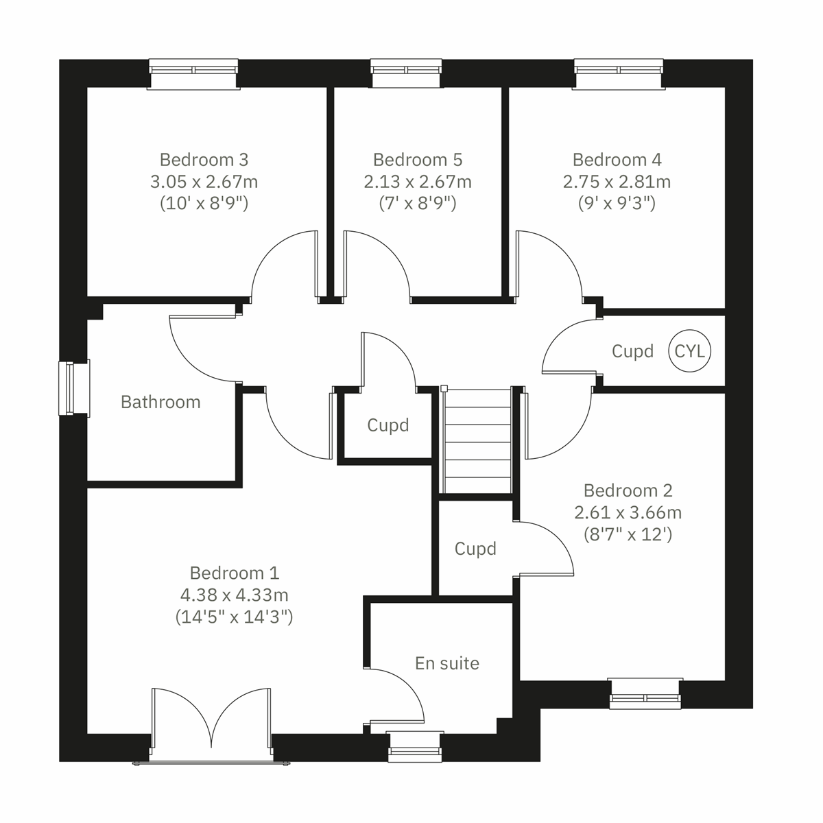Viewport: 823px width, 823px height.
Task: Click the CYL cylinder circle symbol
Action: pos(690,351)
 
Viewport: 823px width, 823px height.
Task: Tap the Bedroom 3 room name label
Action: pos(204,160)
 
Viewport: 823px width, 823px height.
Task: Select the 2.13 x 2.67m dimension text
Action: pos(417,182)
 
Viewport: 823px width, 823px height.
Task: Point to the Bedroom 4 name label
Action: pos(617,160)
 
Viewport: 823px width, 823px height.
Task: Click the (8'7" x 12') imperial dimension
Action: pos(628,534)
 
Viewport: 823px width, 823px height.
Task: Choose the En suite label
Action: pos(446,663)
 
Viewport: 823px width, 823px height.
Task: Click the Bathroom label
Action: pos(160,402)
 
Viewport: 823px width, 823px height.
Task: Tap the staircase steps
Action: pos(478,439)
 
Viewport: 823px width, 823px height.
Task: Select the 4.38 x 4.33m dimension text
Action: pos(234,595)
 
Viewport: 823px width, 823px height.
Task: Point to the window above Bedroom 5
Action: pos(407,73)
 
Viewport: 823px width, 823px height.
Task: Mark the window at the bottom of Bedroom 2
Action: pos(645,693)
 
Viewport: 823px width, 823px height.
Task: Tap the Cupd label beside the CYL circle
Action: pos(632,351)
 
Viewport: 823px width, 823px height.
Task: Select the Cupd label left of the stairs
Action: pos(387,425)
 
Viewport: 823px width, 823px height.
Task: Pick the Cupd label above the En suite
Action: pos(475,549)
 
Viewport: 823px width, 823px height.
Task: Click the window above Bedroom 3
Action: pos(194,73)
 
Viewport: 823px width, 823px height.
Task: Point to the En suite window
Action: pos(414,747)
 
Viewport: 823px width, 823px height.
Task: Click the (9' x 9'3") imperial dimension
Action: pos(617,204)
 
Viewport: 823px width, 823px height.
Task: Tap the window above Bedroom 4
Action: pos(619,73)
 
